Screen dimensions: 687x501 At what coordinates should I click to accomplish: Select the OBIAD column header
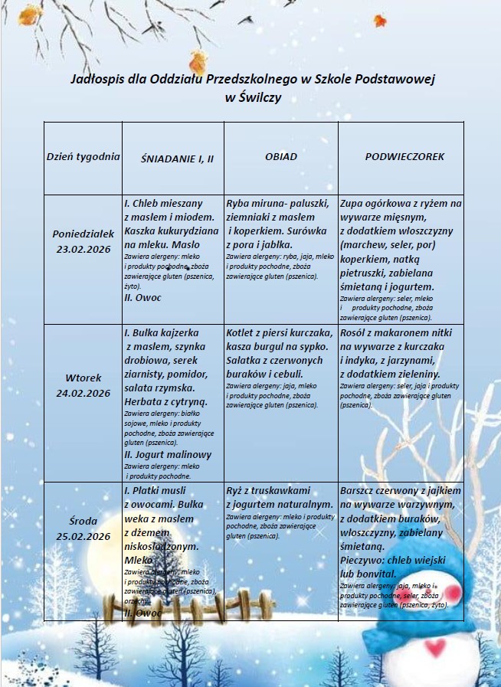pos(281,156)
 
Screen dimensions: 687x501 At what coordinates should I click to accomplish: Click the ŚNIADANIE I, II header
pos(177,158)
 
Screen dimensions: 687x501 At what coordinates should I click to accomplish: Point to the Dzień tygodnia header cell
pos(83,156)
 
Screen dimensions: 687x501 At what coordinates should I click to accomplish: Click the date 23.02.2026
pos(83,249)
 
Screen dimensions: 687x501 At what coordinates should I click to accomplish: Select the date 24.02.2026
pos(83,394)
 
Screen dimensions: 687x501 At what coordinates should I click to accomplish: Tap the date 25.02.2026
pos(83,536)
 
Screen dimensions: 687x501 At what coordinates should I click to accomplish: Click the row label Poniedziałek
pos(83,233)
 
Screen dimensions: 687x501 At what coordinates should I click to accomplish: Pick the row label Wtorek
pos(83,378)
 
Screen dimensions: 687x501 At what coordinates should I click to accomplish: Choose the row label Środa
pos(83,521)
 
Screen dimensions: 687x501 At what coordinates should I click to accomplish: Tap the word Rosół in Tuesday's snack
pos(356,333)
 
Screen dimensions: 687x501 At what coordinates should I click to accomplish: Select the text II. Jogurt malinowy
pos(168,454)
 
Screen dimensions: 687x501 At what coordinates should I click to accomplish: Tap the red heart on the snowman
pos(435,648)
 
